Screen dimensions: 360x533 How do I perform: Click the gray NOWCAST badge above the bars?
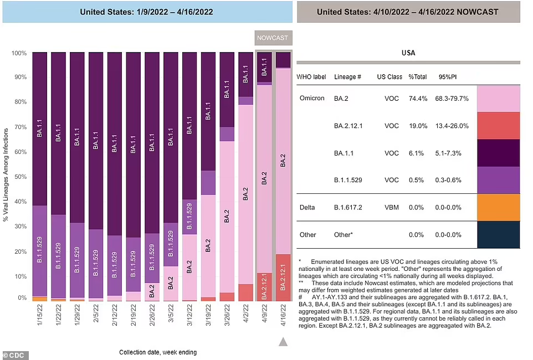pos(273,38)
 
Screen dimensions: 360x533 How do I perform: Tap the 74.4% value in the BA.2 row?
pos(417,99)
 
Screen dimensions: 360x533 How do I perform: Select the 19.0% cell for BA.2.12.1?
pos(417,126)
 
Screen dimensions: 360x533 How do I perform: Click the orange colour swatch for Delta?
pos(498,207)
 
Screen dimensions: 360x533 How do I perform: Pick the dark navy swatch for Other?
pos(498,234)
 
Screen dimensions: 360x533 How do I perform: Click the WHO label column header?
pos(311,76)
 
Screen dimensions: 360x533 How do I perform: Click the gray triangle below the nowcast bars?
pos(283,342)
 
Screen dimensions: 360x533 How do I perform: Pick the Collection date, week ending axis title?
pos(157,352)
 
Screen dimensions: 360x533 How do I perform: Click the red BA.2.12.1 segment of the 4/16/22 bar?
pos(283,277)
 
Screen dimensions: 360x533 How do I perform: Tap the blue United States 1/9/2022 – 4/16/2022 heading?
pos(146,11)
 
